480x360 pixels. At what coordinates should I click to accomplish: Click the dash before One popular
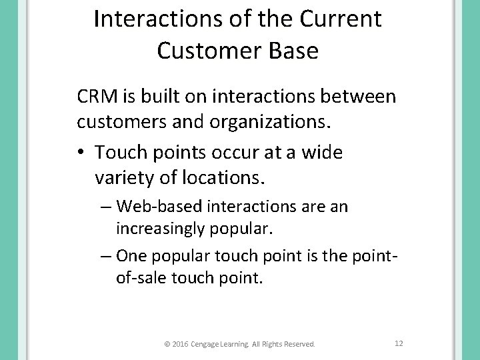[x=107, y=255]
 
